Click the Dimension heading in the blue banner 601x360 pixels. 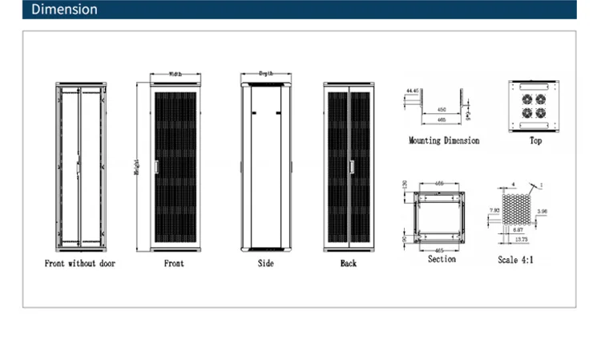(64, 10)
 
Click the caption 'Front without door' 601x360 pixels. (80, 263)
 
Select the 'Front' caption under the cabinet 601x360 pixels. (174, 263)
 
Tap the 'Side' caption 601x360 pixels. (266, 263)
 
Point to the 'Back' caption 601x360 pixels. (348, 263)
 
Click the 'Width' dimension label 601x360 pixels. (175, 75)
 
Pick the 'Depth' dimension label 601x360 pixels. (266, 73)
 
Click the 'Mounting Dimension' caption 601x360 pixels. (444, 140)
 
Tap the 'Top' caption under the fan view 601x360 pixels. (535, 140)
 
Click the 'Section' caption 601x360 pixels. (442, 259)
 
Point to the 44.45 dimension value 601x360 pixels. (413, 91)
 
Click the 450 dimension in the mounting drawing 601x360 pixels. (442, 111)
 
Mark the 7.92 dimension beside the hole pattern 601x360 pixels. (494, 210)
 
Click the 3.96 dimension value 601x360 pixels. (542, 211)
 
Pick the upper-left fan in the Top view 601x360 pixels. (526, 100)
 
